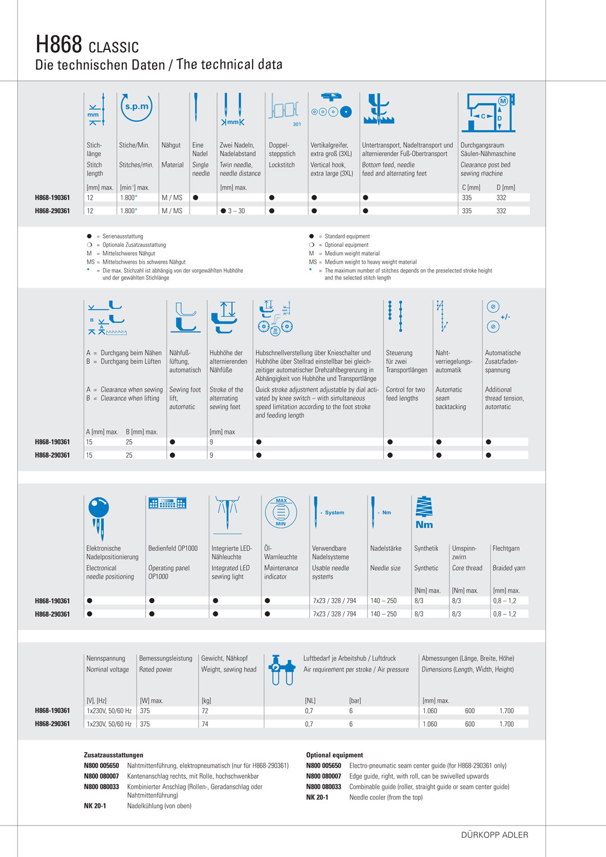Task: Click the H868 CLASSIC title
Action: click(87, 44)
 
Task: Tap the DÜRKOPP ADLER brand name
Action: click(494, 835)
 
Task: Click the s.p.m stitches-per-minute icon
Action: click(136, 107)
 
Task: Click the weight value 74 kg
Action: click(205, 724)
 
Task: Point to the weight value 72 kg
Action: click(205, 711)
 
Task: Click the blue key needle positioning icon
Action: click(99, 517)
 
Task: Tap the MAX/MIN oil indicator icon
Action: click(281, 512)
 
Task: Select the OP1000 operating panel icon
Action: click(167, 503)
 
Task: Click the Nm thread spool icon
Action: click(424, 513)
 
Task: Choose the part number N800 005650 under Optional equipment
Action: click(323, 766)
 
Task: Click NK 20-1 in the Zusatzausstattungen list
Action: click(95, 806)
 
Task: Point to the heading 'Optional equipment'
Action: click(334, 755)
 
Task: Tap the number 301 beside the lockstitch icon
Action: click(297, 124)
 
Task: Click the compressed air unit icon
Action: click(282, 670)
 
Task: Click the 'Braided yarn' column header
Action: click(508, 568)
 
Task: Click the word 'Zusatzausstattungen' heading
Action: click(113, 755)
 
